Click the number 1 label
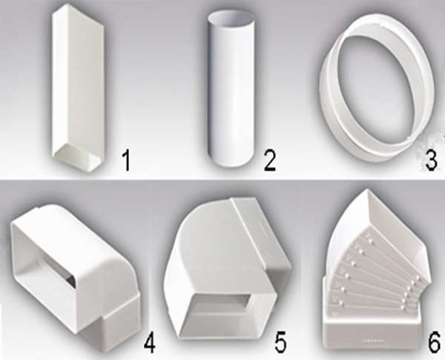point(126,161)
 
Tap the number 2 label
point(270,160)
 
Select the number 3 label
point(431,160)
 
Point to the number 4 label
point(150,344)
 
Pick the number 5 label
point(280,343)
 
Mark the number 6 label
point(434,343)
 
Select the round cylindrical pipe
point(230,91)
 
